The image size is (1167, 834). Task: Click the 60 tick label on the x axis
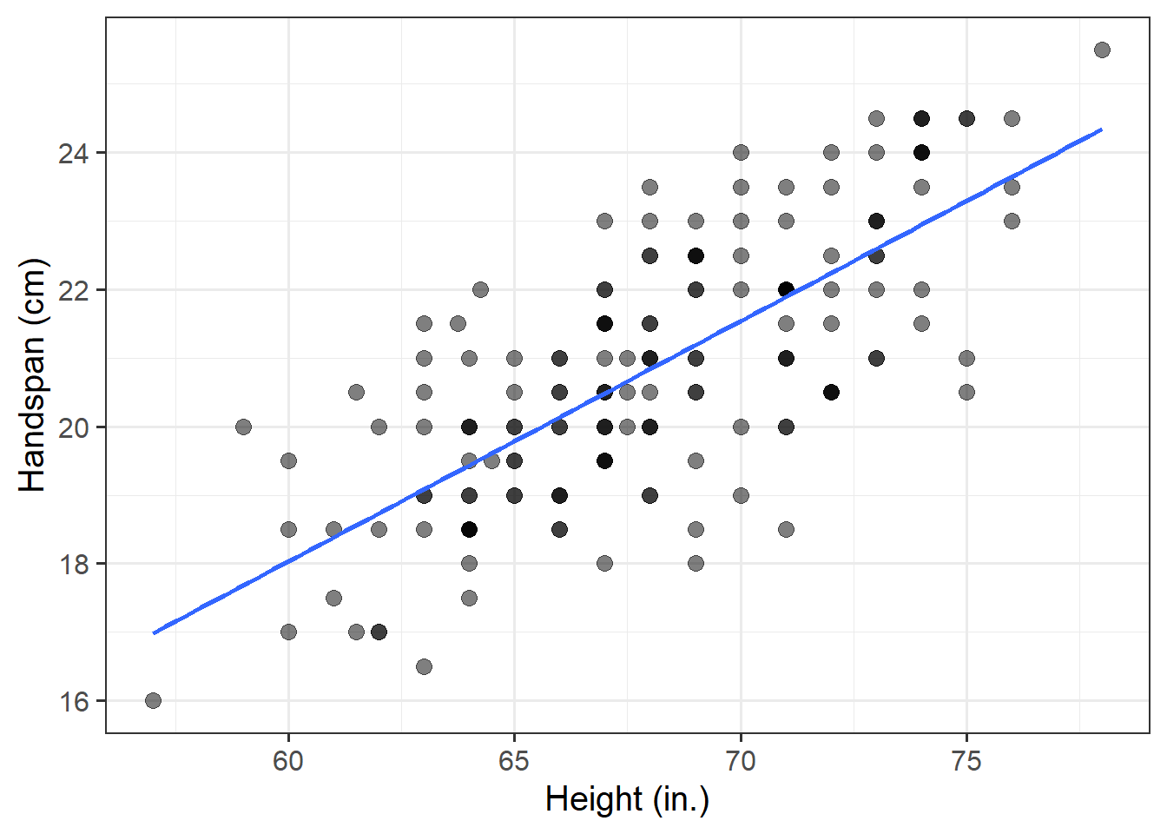288,761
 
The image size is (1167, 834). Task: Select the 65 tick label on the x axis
514,761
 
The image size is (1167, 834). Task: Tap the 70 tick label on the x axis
741,761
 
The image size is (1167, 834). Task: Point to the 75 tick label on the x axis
966,761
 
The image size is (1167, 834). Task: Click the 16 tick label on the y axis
74,701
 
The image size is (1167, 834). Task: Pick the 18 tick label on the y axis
74,564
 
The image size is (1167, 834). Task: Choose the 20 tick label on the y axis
74,427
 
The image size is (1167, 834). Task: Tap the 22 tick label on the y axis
74,290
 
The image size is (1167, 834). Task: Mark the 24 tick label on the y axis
74,153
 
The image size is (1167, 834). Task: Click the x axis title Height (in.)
627,799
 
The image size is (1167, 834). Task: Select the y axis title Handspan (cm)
32,375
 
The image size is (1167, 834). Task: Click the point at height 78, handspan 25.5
1102,50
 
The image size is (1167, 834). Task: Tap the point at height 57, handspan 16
153,700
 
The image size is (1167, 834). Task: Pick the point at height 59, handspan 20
243,427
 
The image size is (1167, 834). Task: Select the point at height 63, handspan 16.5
424,666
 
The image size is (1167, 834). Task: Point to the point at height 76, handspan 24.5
1012,118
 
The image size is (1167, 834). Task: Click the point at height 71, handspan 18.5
786,529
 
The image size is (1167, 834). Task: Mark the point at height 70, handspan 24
741,152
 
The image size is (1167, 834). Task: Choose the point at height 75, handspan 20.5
966,392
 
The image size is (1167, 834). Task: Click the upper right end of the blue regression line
1101,129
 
